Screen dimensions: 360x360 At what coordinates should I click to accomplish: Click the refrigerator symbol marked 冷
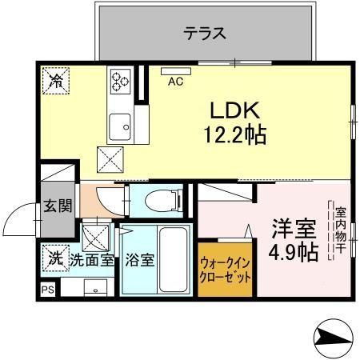(x=56, y=79)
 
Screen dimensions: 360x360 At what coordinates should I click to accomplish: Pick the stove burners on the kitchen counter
(x=121, y=80)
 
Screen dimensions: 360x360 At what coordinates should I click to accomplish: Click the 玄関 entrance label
(x=57, y=206)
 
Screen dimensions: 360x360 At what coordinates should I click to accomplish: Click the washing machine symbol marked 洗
(x=54, y=258)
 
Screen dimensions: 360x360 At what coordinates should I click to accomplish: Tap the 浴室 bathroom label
(x=140, y=260)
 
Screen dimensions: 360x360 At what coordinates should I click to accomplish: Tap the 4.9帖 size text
(x=292, y=253)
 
